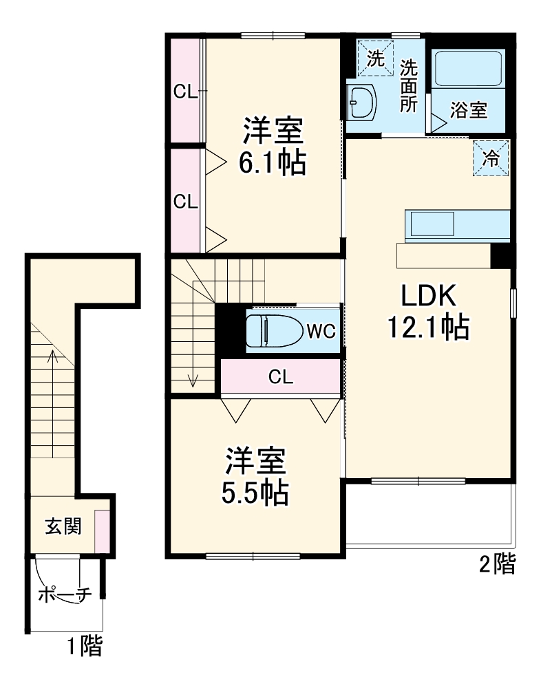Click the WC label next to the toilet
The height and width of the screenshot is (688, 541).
pyautogui.click(x=320, y=331)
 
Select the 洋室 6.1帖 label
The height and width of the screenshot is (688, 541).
pyautogui.click(x=272, y=146)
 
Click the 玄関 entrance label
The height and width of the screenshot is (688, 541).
pyautogui.click(x=63, y=526)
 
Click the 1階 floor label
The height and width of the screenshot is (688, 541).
pyautogui.click(x=84, y=647)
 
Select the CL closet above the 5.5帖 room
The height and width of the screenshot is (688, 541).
pyautogui.click(x=280, y=377)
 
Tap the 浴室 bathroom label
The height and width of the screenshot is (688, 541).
pyautogui.click(x=469, y=110)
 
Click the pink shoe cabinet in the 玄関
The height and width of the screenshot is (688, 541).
pyautogui.click(x=101, y=530)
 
